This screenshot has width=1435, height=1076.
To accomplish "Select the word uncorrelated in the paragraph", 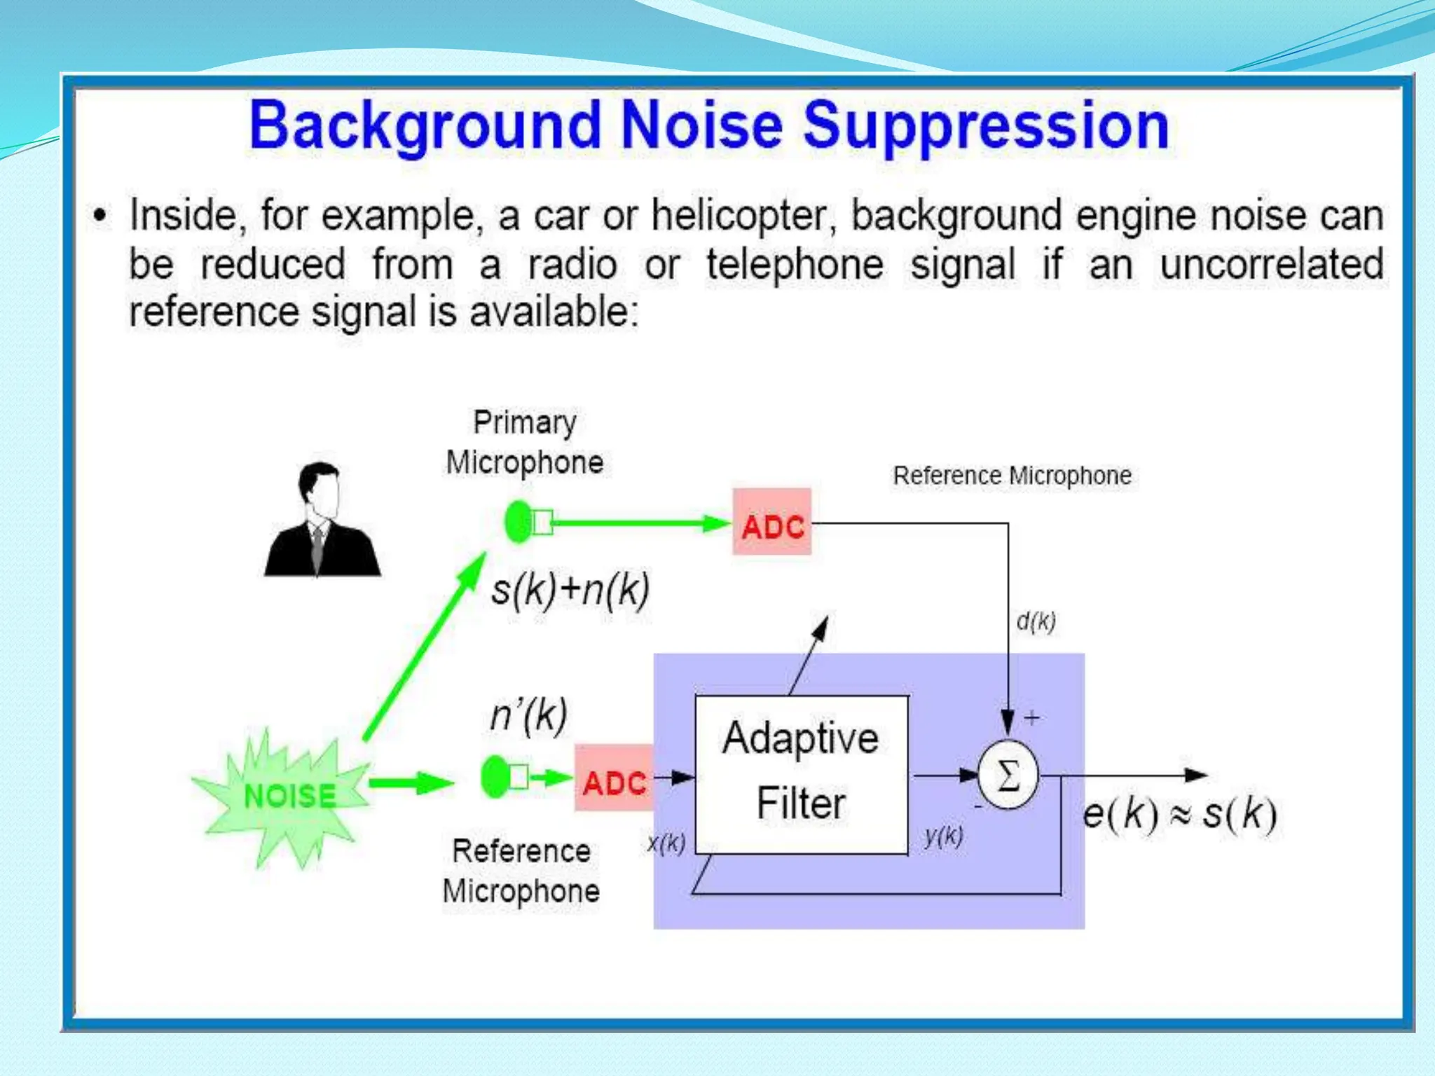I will [x=1271, y=265].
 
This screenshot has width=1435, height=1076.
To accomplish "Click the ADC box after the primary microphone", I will [x=771, y=523].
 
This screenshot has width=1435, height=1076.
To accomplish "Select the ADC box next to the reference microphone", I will [x=614, y=779].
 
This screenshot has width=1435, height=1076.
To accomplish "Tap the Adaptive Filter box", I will [x=801, y=774].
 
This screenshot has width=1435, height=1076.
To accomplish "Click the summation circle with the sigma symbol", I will [x=1008, y=775].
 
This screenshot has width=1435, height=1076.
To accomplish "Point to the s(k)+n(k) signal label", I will [x=570, y=589].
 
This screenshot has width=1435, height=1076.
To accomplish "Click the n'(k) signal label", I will [x=528, y=715].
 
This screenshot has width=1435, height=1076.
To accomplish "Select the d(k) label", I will [x=1036, y=621].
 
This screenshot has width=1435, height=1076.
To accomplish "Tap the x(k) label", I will [x=666, y=843].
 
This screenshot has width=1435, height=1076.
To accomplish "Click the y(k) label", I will [x=943, y=835].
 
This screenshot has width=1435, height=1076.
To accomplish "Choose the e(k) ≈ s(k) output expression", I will [x=1180, y=815].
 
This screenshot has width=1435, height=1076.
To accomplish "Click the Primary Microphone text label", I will [x=525, y=443].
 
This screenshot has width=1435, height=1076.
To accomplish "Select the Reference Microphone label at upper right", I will [x=1012, y=476].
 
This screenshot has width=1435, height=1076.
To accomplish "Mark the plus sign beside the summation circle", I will [x=1031, y=718].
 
